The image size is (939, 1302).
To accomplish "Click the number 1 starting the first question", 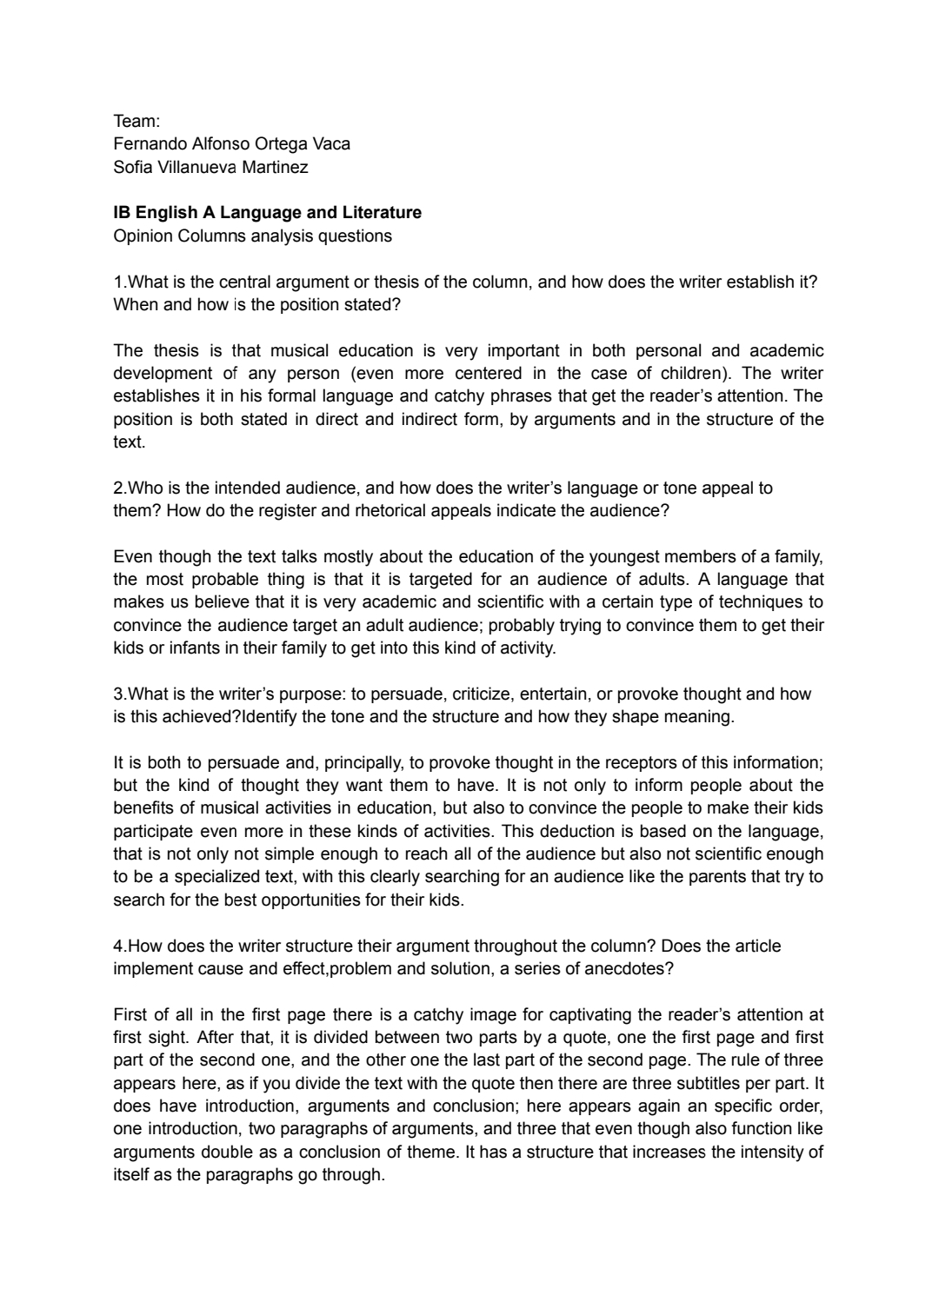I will pyautogui.click(x=117, y=282).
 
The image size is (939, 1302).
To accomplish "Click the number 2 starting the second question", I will pyautogui.click(x=117, y=488).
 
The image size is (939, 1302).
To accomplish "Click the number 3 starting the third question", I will pyautogui.click(x=117, y=694).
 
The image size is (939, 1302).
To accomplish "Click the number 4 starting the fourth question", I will pyautogui.click(x=117, y=946).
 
